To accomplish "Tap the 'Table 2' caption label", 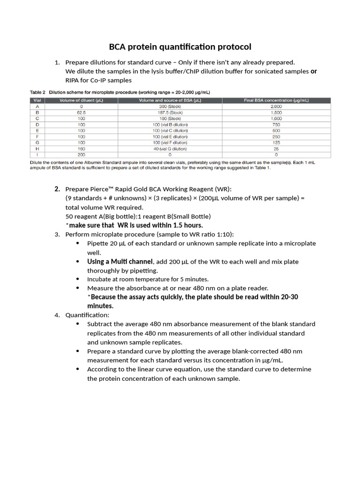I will point(38,92).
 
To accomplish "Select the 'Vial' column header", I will point(37,100).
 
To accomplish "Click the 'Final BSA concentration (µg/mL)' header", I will point(276,100).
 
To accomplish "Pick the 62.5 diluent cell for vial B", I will point(81,112).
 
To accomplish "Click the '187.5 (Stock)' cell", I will point(170,112).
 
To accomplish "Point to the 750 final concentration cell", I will point(276,125).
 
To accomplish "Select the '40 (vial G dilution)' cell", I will point(170,149).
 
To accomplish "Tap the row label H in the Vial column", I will point(37,149).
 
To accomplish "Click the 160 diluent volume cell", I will point(81,149).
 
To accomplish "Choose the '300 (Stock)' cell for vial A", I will point(170,106).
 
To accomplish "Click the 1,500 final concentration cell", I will point(276,112).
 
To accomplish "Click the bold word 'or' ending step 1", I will point(314,72).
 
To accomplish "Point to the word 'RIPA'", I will point(73,80).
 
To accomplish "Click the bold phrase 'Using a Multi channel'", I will point(120,262).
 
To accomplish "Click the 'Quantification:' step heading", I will point(87,315).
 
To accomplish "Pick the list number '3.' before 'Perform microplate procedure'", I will point(57,234).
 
